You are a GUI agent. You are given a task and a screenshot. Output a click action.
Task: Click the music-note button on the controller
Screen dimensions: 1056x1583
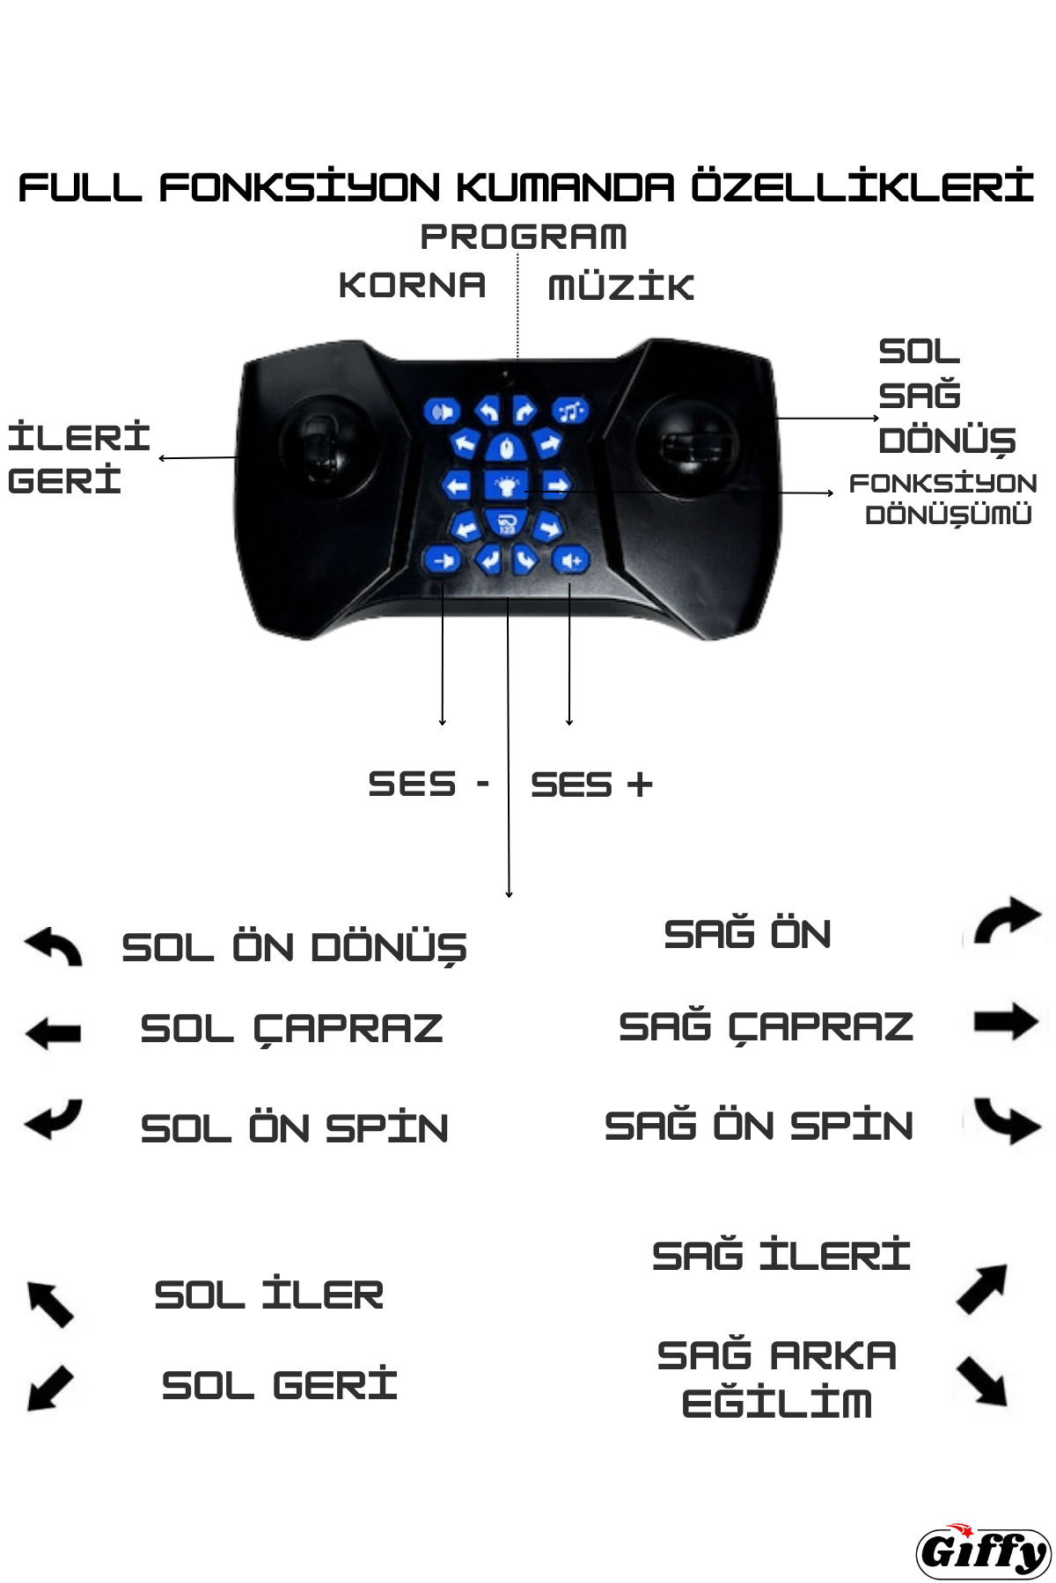pos(570,411)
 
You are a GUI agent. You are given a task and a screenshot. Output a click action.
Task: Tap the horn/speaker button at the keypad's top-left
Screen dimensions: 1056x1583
pos(442,411)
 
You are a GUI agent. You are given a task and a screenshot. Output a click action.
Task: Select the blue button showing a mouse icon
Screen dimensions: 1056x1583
pos(506,449)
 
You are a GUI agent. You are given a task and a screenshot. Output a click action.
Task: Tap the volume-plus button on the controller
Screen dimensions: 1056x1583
pos(570,560)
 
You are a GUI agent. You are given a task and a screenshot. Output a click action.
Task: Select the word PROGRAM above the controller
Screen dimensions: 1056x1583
pos(524,237)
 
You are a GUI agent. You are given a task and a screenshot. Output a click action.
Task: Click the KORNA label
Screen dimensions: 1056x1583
pos(412,285)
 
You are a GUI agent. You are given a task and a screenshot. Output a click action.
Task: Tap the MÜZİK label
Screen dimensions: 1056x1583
pos(621,286)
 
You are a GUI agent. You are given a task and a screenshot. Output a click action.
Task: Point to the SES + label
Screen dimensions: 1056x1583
pos(591,784)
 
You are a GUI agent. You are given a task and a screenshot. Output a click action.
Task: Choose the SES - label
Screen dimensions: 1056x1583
pos(429,784)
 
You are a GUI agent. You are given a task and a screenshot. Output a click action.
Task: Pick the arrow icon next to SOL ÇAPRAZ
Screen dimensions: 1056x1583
pos(54,1032)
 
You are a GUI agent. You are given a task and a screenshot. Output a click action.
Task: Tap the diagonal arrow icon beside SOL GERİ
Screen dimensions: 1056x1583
pos(50,1387)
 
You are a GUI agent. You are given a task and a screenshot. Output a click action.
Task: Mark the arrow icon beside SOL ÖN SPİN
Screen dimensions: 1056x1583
pos(54,1120)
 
